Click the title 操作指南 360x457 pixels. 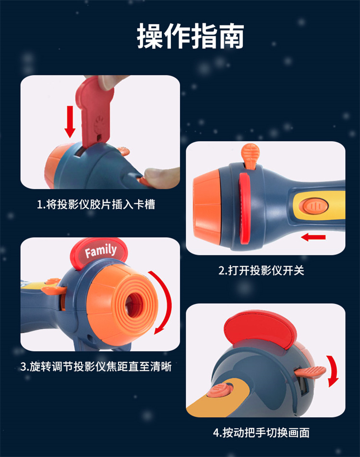coord(191,36)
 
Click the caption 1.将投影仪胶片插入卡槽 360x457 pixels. coord(96,204)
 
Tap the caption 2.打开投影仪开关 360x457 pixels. coord(261,270)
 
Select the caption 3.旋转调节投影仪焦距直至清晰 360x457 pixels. coord(96,366)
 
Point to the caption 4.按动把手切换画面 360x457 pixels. coord(261,433)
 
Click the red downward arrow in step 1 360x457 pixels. coord(70,121)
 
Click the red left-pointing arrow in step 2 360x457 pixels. coord(313,237)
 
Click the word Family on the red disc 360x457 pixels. coord(101,251)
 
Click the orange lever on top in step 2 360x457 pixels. coord(250,156)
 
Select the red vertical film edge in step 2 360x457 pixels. coord(244,208)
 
